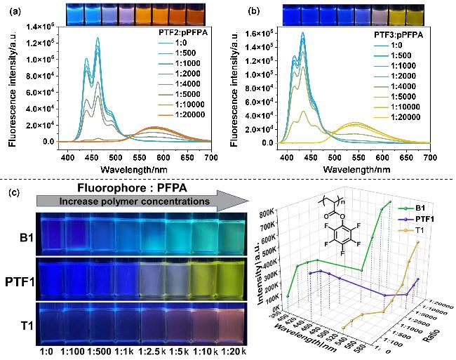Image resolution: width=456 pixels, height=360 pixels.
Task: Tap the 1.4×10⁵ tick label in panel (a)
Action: point(41,27)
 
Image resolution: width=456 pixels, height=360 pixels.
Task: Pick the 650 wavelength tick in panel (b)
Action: point(406,157)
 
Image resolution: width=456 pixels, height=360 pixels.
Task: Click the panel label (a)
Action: point(15,12)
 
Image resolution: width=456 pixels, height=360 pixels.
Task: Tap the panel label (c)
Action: point(15,192)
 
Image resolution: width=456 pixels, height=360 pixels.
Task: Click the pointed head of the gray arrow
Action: point(248,201)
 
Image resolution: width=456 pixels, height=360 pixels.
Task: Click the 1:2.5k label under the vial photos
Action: point(152,352)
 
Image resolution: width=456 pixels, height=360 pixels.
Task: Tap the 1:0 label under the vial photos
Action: point(47,352)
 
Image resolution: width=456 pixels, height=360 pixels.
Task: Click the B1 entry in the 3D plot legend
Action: point(411,208)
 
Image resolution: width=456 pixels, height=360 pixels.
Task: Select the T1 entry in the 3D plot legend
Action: point(411,231)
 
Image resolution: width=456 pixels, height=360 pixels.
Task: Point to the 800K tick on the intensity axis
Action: point(266,215)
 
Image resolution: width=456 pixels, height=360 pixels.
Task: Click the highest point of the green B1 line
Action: point(390,202)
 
